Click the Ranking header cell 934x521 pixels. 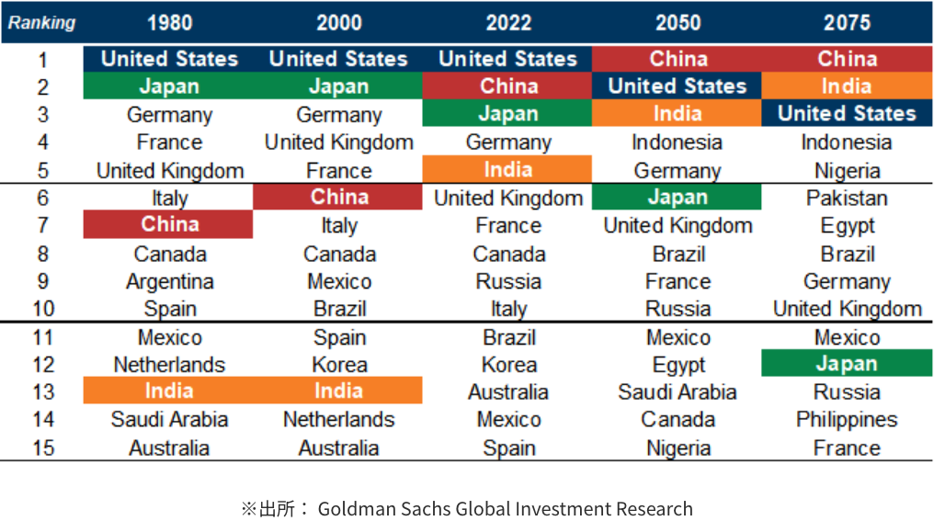[x=42, y=23]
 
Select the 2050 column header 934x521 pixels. [x=678, y=23]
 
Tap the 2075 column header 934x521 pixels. [x=847, y=23]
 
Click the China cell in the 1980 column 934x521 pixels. [x=169, y=225]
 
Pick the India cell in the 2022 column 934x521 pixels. [x=507, y=170]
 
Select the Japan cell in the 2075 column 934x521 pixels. [x=847, y=364]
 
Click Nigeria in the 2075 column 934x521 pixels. [x=847, y=171]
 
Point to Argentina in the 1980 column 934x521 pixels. [x=169, y=281]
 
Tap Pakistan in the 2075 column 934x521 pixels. [x=847, y=198]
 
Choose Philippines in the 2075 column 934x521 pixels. [x=847, y=420]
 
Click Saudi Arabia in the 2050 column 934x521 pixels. [x=678, y=392]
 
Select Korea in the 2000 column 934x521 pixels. [x=339, y=365]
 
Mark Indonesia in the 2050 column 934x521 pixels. [x=678, y=142]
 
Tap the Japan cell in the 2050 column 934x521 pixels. [x=678, y=198]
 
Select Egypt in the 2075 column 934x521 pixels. [x=847, y=226]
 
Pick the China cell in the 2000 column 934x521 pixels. [x=339, y=197]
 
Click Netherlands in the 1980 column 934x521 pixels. [x=169, y=365]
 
